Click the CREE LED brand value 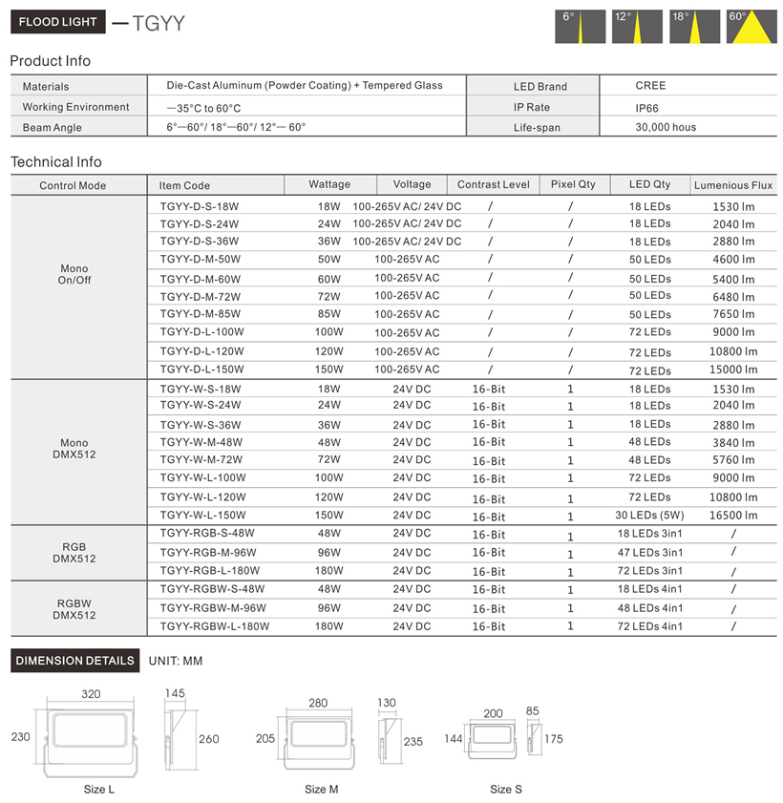click(650, 86)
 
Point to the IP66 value click(646, 108)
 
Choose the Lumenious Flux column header click(733, 185)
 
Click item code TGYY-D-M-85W click(201, 314)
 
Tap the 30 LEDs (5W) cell click(649, 516)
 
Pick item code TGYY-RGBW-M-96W click(213, 608)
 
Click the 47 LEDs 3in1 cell click(649, 553)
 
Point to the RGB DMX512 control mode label click(74, 553)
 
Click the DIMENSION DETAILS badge click(74, 661)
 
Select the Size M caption click(321, 790)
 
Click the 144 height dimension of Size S click(453, 739)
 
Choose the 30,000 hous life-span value click(666, 127)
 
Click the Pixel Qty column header click(572, 184)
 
